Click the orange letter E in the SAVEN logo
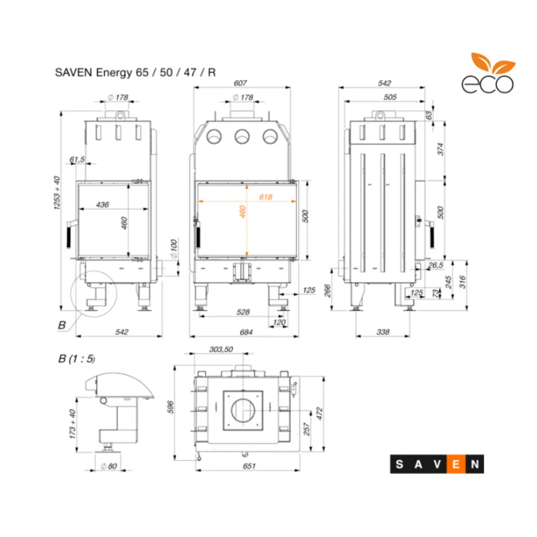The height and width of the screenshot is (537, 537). tap(456, 465)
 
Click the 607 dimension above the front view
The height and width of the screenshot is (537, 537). tap(241, 83)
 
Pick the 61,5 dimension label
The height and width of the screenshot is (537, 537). tap(77, 159)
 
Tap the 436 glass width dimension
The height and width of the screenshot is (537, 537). tap(102, 204)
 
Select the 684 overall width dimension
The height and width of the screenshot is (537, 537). tap(245, 332)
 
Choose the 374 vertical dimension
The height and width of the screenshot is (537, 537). tap(440, 149)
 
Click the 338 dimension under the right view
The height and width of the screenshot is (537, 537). tap(383, 332)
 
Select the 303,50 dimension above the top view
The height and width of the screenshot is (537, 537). tap(220, 349)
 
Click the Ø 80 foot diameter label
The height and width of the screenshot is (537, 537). tap(109, 466)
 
